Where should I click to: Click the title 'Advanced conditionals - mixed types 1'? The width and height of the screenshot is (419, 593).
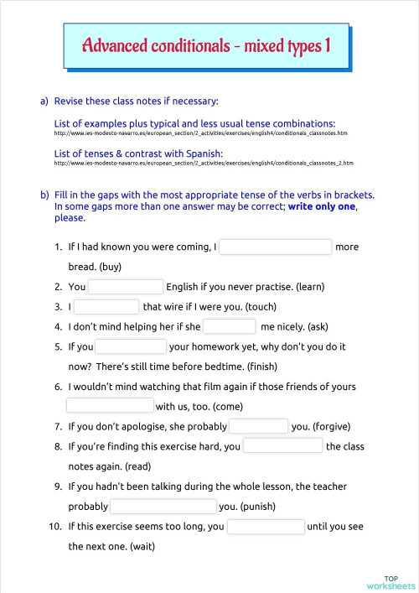(x=205, y=45)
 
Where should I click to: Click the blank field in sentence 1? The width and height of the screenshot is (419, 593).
(x=276, y=247)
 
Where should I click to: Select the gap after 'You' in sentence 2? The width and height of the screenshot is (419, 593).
(x=126, y=287)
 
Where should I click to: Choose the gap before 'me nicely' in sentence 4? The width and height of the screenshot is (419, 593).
(x=229, y=326)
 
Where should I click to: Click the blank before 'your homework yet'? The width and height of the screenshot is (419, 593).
(x=131, y=346)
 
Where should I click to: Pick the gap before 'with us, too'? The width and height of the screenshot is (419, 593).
(x=110, y=406)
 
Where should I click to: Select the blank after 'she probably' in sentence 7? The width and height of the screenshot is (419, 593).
(x=258, y=426)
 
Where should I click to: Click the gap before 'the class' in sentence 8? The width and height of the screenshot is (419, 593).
(x=282, y=446)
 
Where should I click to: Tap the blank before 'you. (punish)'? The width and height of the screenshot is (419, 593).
(x=163, y=507)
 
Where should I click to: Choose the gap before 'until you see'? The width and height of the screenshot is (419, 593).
(x=266, y=527)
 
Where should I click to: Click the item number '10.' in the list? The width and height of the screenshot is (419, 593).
(x=54, y=527)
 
